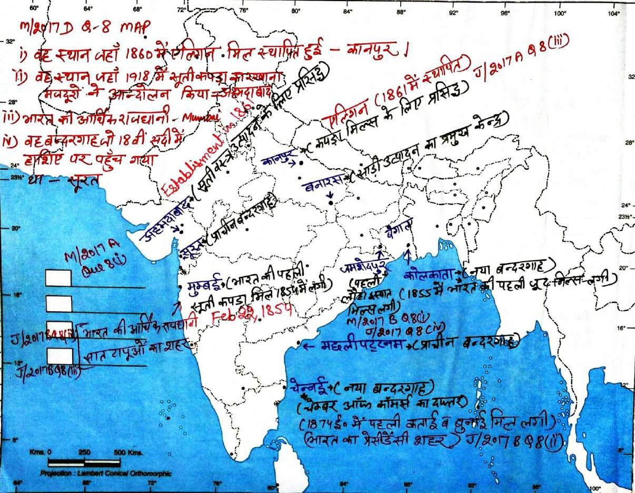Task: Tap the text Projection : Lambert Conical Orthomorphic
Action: pos(105,473)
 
